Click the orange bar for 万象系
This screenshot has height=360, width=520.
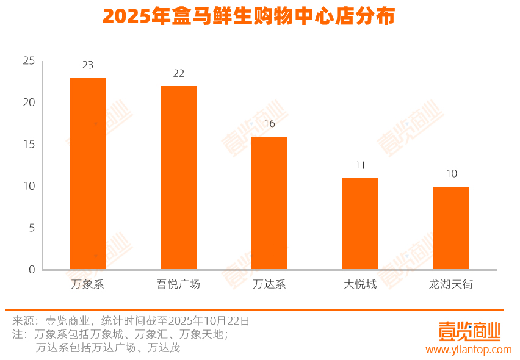click(x=87, y=174)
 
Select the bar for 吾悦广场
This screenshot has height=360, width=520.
click(x=178, y=178)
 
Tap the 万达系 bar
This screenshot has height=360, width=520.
click(x=269, y=203)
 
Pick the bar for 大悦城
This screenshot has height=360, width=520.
click(x=360, y=224)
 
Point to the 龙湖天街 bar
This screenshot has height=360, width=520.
click(x=451, y=228)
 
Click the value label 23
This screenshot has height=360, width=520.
click(x=87, y=65)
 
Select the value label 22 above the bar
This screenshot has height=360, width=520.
click(x=178, y=73)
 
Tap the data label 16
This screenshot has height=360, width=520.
click(x=269, y=124)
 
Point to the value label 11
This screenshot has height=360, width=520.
click(x=360, y=165)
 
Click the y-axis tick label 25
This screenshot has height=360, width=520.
click(x=29, y=60)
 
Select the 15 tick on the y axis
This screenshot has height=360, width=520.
click(x=29, y=144)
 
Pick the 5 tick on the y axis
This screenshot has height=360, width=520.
click(x=32, y=228)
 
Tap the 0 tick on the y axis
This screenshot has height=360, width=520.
click(x=32, y=269)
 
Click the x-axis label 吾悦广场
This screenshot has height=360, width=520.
click(x=178, y=284)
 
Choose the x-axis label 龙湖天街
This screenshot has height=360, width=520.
click(x=451, y=284)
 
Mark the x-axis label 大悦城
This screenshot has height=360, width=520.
click(x=360, y=284)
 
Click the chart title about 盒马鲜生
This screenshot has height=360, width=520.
click(x=248, y=16)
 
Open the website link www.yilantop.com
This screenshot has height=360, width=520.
click(x=468, y=350)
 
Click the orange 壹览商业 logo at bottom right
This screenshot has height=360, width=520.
click(x=469, y=331)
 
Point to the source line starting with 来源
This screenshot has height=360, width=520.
click(x=131, y=320)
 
